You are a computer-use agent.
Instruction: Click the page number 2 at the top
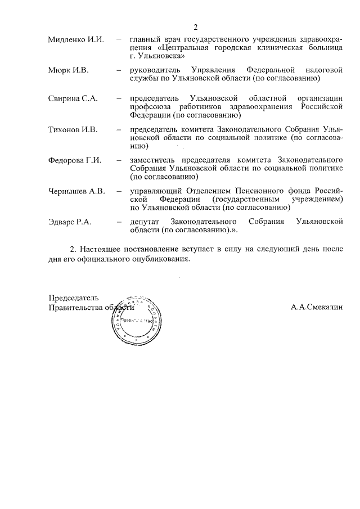pos(195,28)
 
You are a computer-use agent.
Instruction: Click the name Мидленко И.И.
pos(76,39)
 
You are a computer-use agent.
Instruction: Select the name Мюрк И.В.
pos(69,70)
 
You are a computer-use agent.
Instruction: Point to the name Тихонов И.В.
pos(73,130)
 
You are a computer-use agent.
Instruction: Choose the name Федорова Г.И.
pos(75,160)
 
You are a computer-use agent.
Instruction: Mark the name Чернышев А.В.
pos(76,191)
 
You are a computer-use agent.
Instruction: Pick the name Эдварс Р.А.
pos(70,222)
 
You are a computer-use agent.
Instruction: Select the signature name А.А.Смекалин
pos(317,308)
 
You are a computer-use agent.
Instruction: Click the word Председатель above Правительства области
pos(74,298)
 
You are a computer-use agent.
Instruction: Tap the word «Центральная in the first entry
pos(189,48)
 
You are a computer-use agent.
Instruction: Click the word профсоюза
pos(151,107)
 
